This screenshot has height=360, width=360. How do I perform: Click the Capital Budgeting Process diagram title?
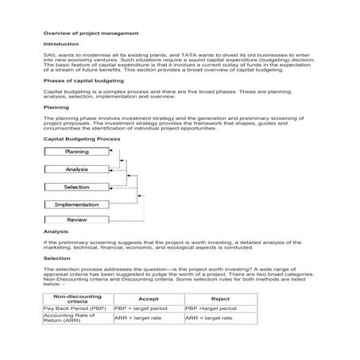point(82,138)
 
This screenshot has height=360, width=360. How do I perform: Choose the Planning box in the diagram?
point(76,151)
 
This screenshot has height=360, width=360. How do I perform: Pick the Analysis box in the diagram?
point(76,169)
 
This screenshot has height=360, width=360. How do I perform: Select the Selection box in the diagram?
point(76,187)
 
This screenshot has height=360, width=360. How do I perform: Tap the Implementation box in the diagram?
point(76,204)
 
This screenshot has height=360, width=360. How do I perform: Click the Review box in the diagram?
point(76,219)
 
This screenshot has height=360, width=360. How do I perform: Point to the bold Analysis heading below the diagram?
point(56,231)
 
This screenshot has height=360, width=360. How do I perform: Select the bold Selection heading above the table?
point(57,258)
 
